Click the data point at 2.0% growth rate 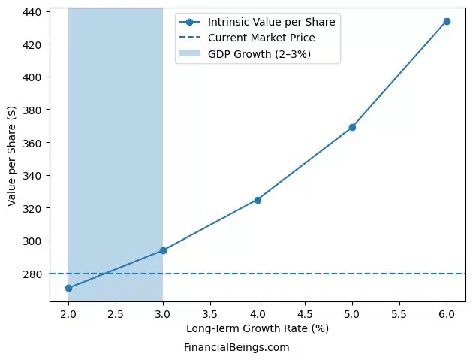pos(68,288)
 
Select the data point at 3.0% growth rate pos(163,250)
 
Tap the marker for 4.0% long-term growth pos(258,200)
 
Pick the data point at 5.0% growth pos(352,127)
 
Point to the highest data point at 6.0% pos(447,21)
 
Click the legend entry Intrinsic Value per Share pos(271,22)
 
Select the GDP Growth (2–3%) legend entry pos(259,54)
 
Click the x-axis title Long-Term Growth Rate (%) pos(258,328)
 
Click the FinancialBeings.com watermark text pos(236,347)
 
